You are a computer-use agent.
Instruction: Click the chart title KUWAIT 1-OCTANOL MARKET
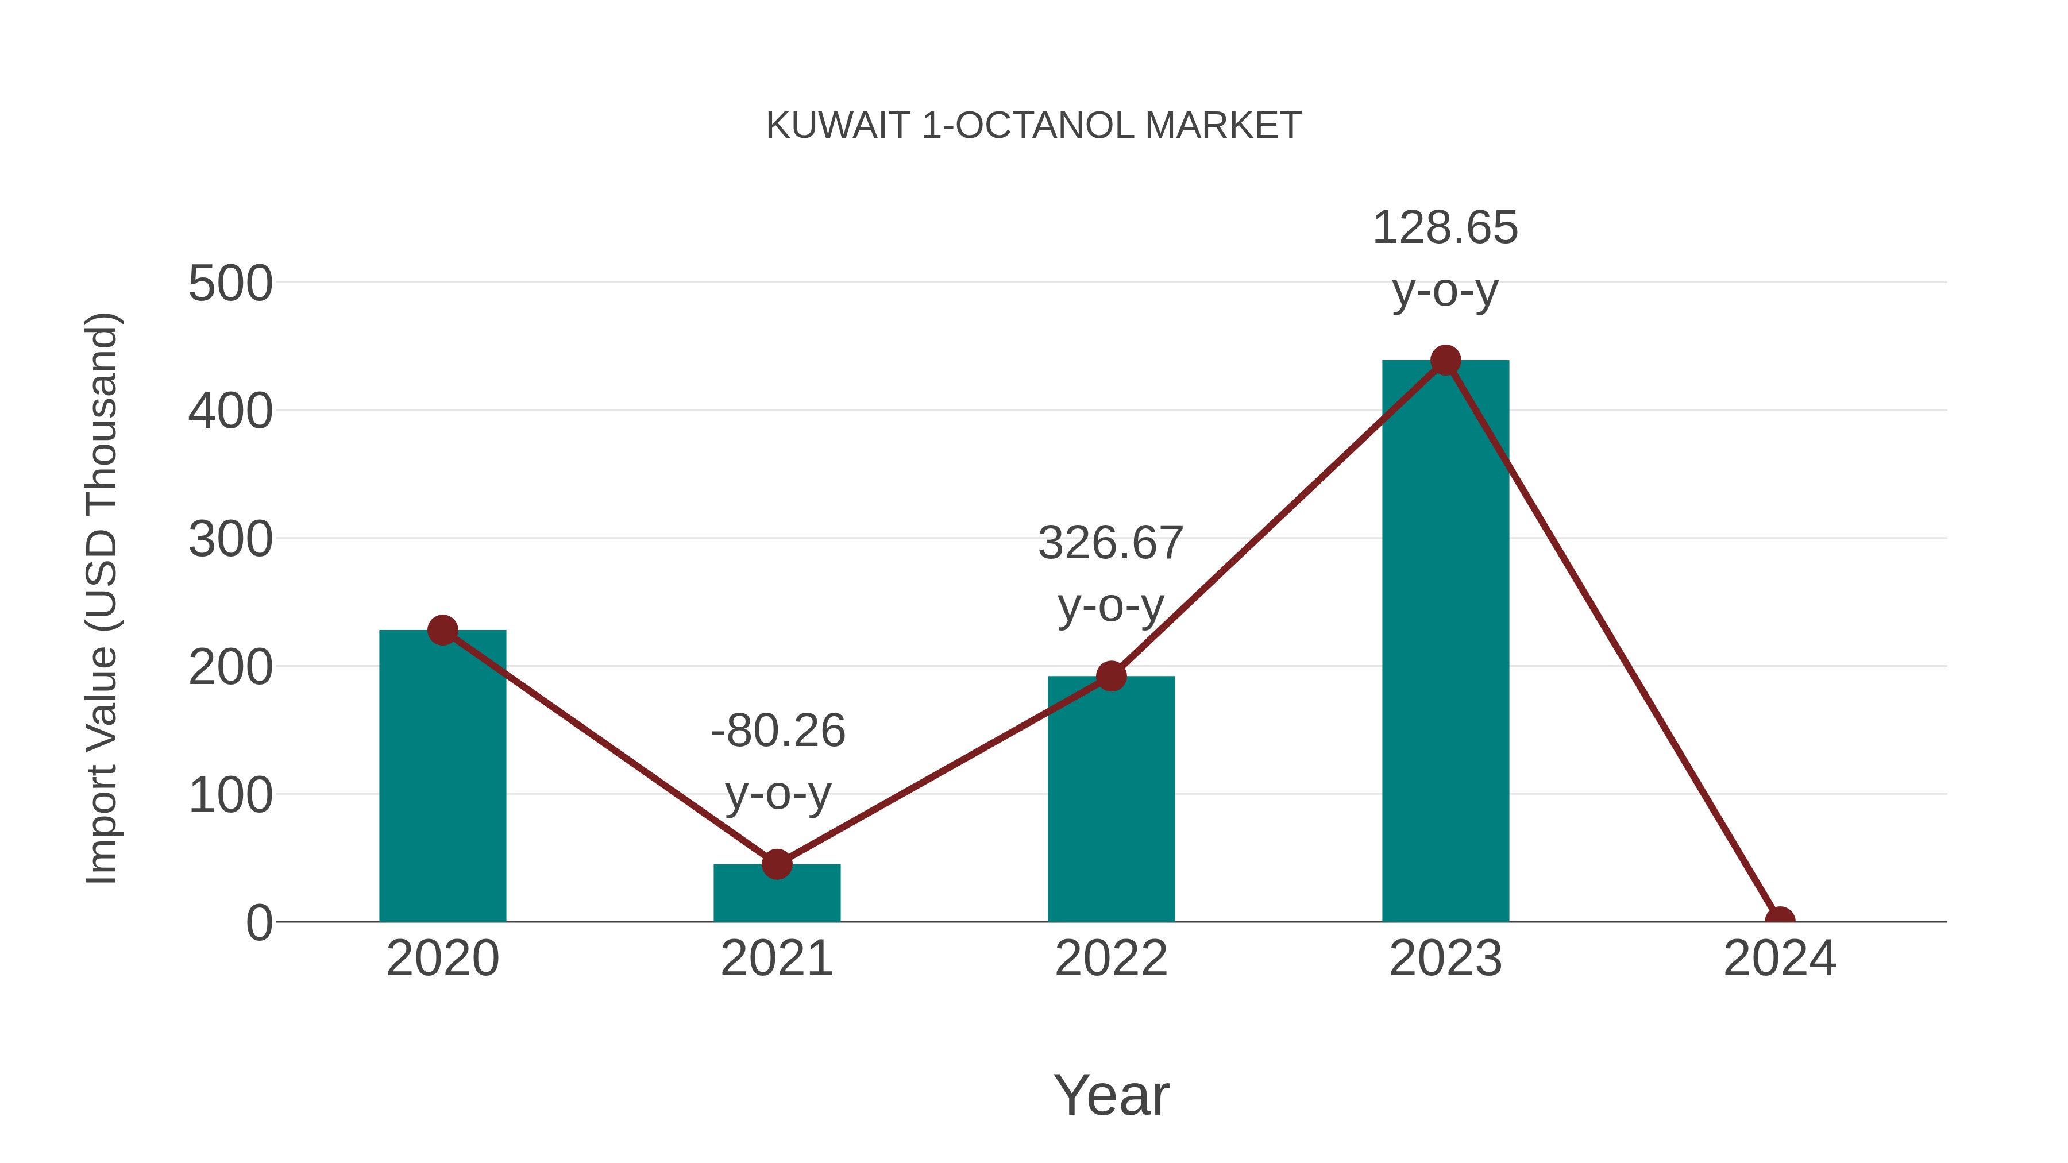point(1033,126)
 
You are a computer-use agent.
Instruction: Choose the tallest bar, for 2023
point(1445,642)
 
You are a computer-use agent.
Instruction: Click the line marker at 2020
point(442,630)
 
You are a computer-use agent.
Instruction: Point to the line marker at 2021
point(776,864)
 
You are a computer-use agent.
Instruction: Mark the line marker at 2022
point(1110,677)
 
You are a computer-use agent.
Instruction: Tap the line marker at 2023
point(1445,360)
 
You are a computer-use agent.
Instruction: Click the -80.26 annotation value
point(778,731)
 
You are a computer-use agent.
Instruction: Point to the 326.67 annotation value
point(1110,543)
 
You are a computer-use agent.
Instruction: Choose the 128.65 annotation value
point(1445,228)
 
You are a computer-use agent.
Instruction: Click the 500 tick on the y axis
point(230,284)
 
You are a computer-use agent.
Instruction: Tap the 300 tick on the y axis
point(230,540)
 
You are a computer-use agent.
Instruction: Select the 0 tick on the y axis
point(258,923)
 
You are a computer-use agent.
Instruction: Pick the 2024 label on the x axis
point(1779,959)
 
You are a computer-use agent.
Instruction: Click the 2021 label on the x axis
point(776,959)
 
